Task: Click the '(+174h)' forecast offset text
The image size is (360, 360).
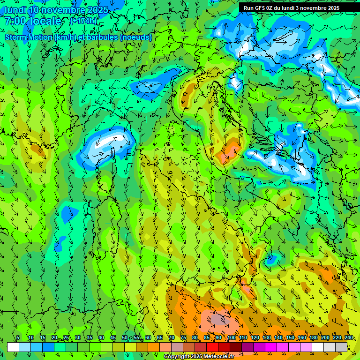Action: click(83, 21)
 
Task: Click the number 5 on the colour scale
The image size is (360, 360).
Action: click(18, 337)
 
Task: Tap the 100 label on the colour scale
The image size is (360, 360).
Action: click(231, 337)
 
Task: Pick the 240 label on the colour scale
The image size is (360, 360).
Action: click(349, 337)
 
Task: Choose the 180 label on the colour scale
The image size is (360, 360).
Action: click(313, 337)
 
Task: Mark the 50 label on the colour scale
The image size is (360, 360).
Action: click(125, 337)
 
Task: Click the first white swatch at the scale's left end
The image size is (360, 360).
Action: click(13, 347)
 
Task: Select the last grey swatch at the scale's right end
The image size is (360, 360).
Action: click(341, 347)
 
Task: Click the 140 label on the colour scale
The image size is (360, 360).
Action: click(278, 337)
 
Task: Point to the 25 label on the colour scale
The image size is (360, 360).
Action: click(66, 337)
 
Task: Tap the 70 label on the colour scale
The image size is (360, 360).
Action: click(172, 337)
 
